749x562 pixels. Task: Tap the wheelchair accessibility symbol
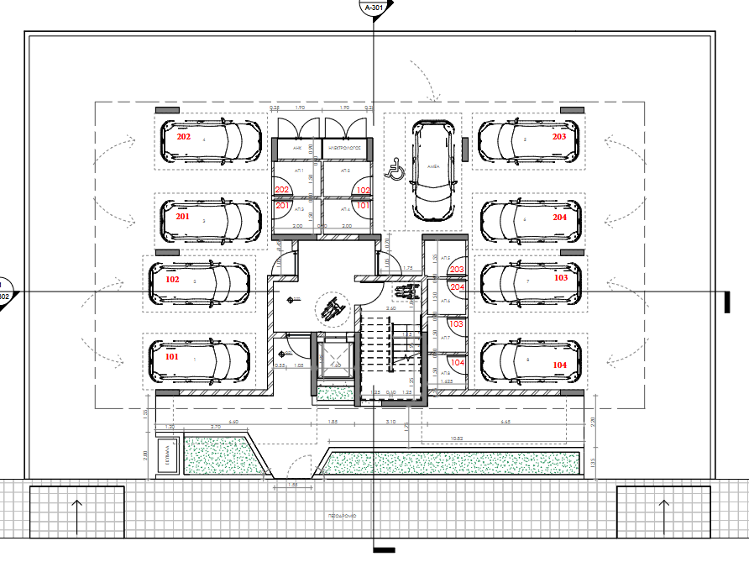tap(394, 171)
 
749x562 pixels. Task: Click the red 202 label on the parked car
tap(183, 137)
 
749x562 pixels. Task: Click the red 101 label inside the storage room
tap(363, 205)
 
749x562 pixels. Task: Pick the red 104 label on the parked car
tap(560, 365)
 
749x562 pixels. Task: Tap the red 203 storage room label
tap(457, 269)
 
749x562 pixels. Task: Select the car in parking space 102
tap(199, 284)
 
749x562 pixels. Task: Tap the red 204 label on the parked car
tap(560, 217)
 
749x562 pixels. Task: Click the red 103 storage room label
tap(457, 323)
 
